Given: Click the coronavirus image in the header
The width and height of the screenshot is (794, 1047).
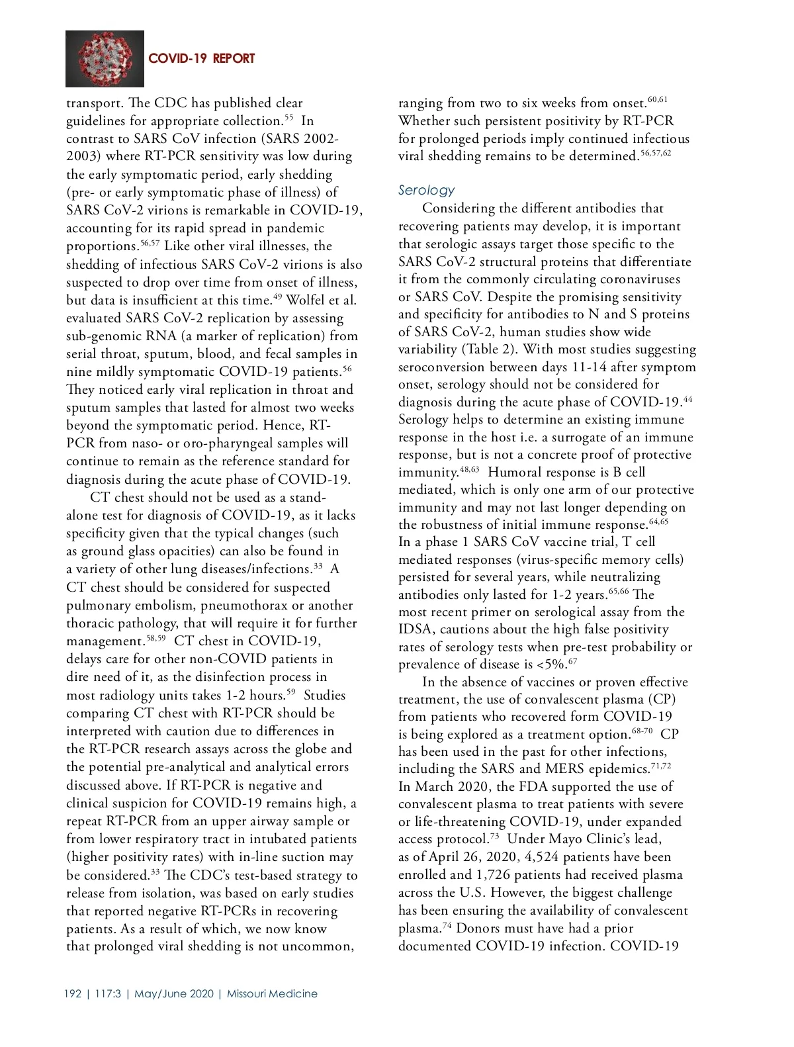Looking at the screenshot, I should point(106,58).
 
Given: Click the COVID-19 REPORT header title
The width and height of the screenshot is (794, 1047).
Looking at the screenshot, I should point(201,59).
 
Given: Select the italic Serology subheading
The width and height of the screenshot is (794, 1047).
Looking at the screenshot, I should point(427,190).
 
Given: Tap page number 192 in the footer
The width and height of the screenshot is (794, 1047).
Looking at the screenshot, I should point(73,993).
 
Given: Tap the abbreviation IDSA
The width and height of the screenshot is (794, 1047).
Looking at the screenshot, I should point(416,629).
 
